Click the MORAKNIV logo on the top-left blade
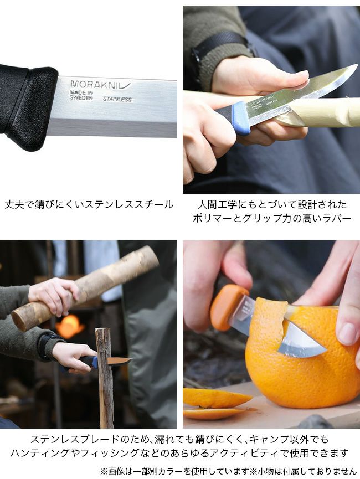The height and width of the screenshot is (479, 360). (100, 85)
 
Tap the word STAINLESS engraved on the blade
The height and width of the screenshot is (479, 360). (117, 99)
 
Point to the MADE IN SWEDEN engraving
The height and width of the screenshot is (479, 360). (81, 95)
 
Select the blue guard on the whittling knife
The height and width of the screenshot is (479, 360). (241, 118)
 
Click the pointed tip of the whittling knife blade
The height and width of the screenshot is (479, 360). (356, 65)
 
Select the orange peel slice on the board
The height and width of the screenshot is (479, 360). (218, 398)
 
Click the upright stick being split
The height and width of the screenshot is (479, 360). (105, 378)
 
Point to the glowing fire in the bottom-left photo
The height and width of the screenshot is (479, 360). (69, 326)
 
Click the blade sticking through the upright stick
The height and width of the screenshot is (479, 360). (120, 362)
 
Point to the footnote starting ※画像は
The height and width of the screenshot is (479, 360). (228, 471)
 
